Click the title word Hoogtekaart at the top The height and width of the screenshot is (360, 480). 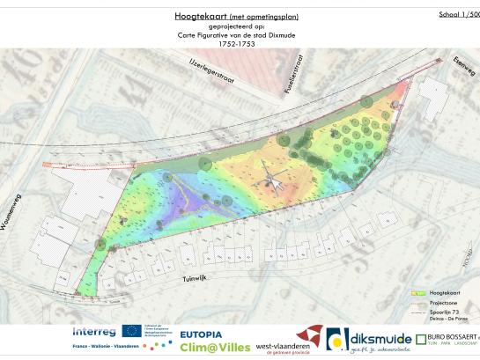coord(188,16)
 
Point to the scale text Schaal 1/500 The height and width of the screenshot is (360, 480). coord(459,14)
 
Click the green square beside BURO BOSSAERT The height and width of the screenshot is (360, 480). coord(420,339)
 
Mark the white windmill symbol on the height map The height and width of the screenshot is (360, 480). coord(274,180)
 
